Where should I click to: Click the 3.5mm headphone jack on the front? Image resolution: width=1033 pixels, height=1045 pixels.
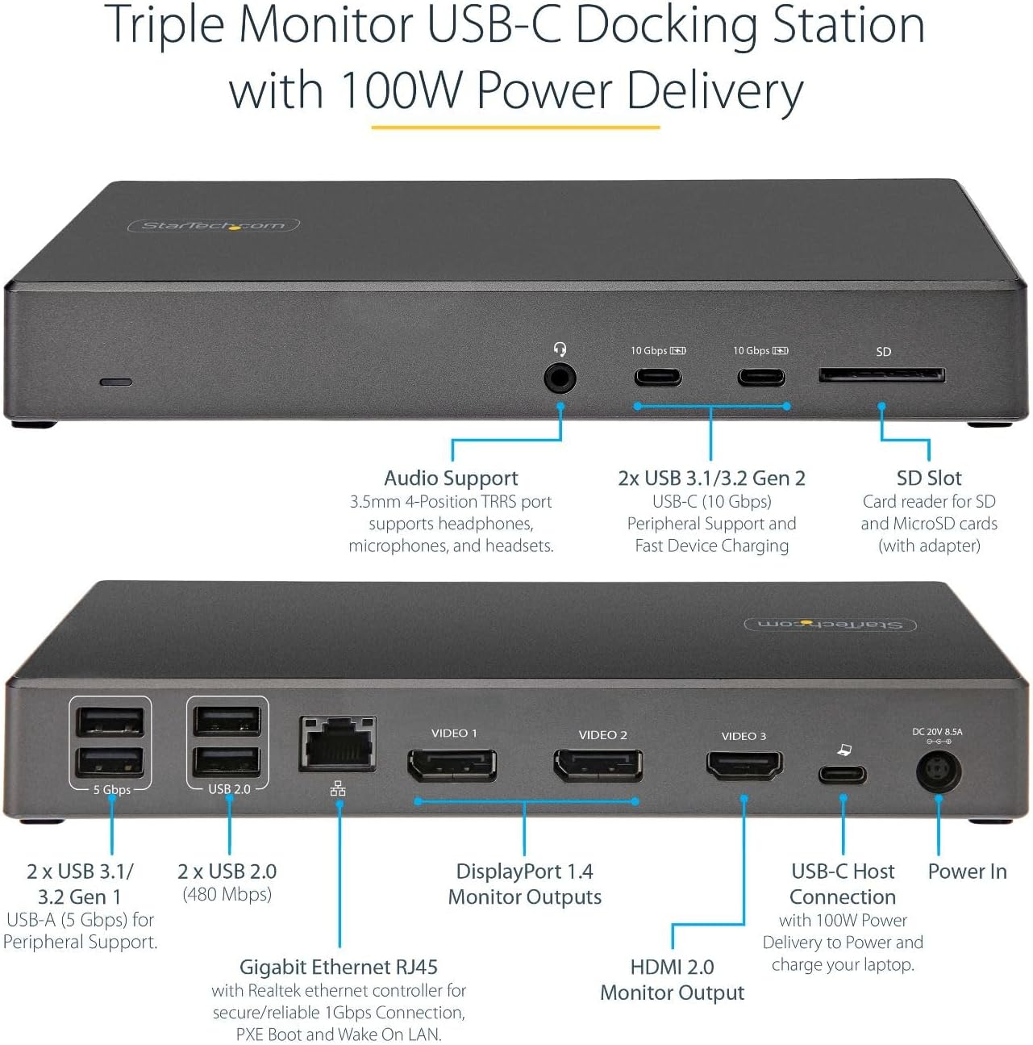click(560, 377)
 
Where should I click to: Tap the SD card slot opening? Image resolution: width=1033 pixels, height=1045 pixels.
click(881, 375)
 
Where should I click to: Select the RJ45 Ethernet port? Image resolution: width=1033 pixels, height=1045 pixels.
click(338, 743)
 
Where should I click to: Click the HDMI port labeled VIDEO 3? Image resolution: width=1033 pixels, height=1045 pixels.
click(744, 763)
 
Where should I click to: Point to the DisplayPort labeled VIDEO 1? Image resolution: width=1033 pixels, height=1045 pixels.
click(452, 765)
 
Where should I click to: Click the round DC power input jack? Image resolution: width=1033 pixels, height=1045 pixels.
click(939, 772)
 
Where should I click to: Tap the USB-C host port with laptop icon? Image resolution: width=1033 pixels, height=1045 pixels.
click(843, 775)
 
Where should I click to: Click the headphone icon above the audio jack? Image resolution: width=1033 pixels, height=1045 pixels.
click(560, 349)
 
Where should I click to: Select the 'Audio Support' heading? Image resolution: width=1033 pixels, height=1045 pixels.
click(451, 478)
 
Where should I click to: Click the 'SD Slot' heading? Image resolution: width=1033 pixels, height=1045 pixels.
click(929, 478)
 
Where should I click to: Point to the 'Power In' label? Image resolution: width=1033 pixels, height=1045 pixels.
click(967, 872)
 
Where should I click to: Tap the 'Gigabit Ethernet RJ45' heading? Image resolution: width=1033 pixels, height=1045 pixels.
click(339, 967)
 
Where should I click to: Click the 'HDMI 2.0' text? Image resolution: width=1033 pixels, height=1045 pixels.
click(672, 967)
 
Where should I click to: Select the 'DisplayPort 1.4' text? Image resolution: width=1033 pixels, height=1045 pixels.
click(524, 872)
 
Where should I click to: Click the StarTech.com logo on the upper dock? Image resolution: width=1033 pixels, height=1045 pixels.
click(214, 225)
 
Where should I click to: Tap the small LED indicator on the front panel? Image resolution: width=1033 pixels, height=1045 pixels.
click(115, 381)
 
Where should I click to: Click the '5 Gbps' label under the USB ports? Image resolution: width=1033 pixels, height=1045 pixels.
click(111, 790)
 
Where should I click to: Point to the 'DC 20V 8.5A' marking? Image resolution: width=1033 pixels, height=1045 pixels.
click(937, 732)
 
